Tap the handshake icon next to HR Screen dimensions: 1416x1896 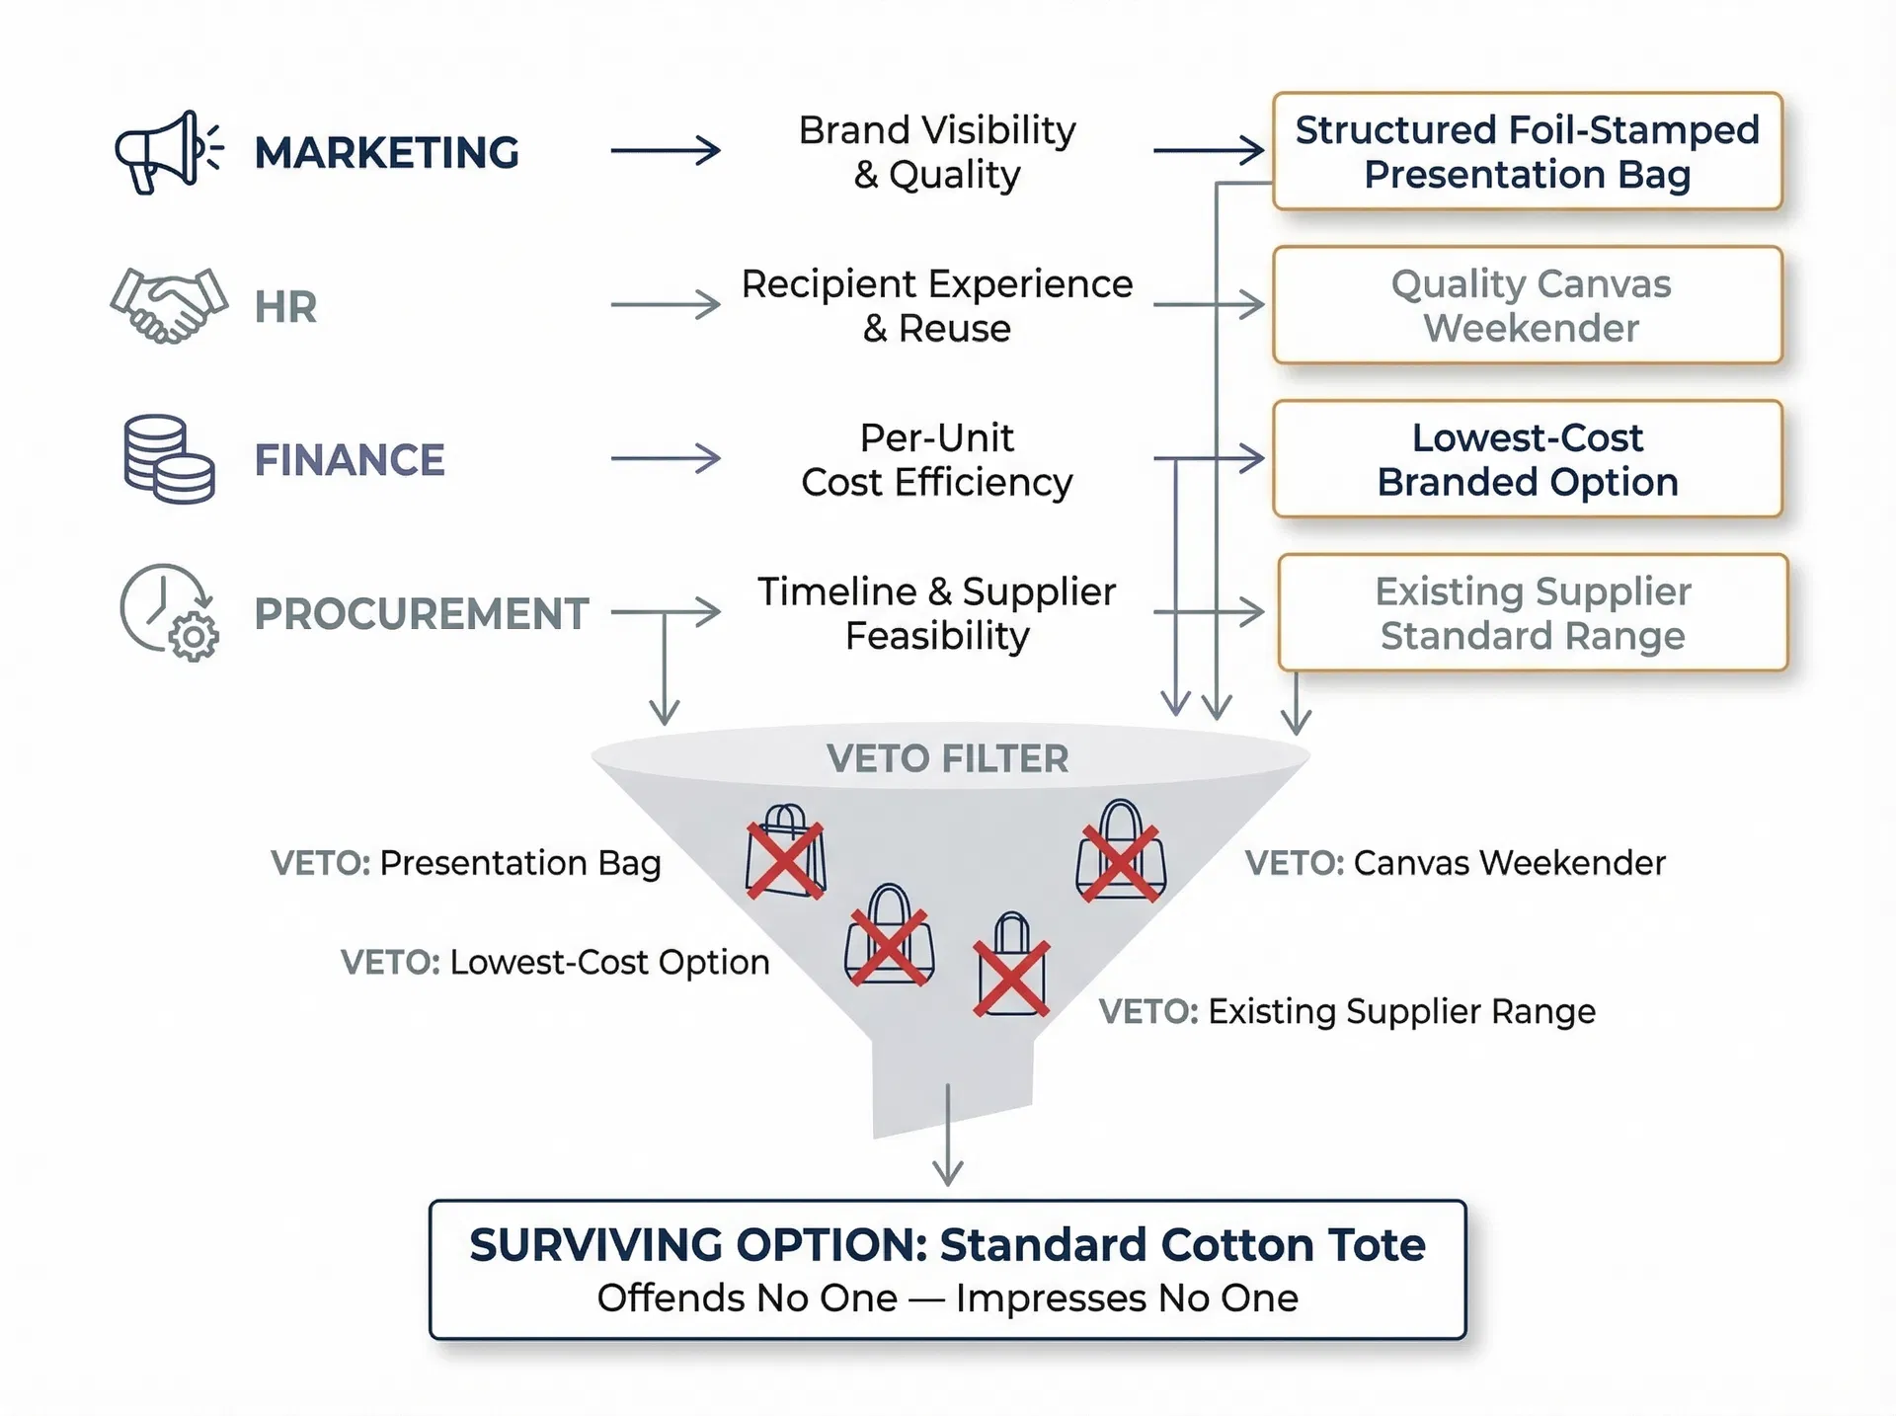click(x=169, y=305)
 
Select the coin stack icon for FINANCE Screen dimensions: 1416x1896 click(x=169, y=459)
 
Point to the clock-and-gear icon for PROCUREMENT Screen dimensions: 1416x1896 click(x=169, y=612)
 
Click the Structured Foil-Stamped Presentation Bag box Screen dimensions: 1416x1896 click(x=1527, y=152)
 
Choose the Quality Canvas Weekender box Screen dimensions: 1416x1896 click(x=1527, y=305)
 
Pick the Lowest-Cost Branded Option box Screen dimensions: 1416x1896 click(x=1527, y=459)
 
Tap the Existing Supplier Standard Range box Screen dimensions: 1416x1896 click(x=1532, y=612)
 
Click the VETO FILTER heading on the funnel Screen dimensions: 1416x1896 click(x=947, y=758)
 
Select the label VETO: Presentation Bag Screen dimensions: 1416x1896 click(x=466, y=863)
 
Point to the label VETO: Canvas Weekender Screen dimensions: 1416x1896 click(x=1455, y=863)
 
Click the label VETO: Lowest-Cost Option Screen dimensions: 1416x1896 click(x=555, y=962)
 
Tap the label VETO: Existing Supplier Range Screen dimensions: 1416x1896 click(x=1347, y=1011)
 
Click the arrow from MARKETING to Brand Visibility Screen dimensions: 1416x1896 click(x=666, y=151)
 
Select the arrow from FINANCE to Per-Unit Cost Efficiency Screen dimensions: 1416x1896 click(x=666, y=458)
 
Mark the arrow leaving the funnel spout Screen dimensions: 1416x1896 click(x=948, y=1136)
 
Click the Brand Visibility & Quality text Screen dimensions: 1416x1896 click(x=937, y=152)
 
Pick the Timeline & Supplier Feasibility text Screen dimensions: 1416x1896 click(x=937, y=612)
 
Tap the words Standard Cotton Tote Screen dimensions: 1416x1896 click(x=1182, y=1245)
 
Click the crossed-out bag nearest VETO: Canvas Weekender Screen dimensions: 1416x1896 click(x=1120, y=853)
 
